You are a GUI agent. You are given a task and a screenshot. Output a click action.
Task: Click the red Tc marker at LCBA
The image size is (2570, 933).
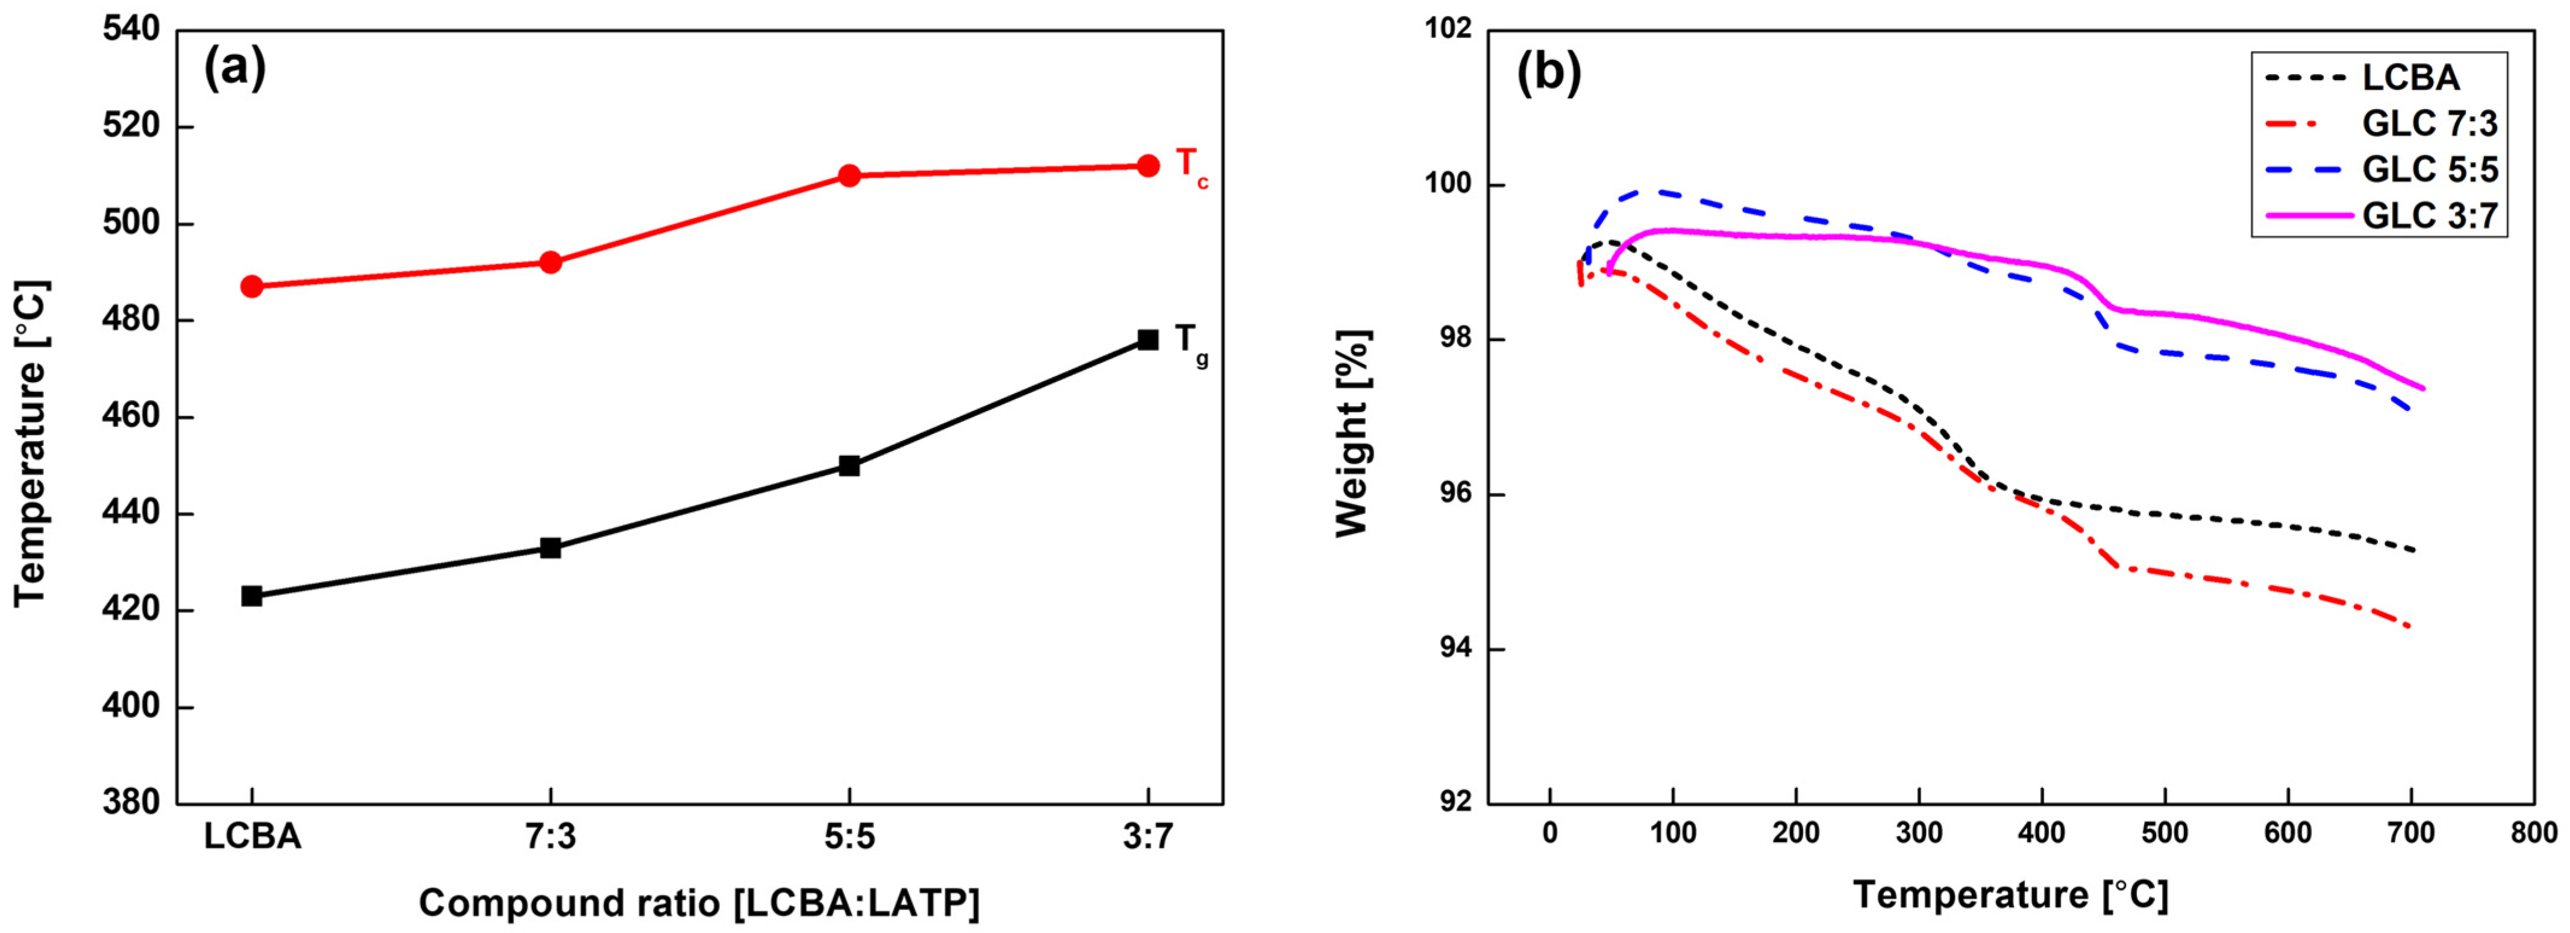[251, 286]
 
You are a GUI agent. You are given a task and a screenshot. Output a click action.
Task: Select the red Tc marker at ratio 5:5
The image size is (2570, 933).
[849, 175]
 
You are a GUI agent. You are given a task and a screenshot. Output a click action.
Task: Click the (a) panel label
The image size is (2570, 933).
[236, 70]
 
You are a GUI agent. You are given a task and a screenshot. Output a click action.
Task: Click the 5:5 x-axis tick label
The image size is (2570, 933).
[849, 836]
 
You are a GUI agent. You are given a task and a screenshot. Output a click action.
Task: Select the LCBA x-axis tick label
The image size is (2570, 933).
[252, 836]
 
